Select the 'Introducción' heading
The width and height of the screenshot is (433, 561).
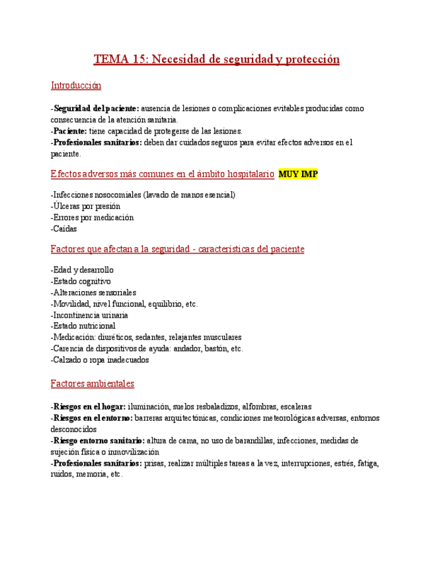tap(76, 85)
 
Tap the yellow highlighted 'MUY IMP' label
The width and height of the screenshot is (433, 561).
tap(298, 174)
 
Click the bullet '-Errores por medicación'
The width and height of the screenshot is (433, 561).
tap(91, 218)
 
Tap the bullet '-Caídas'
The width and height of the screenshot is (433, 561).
tap(63, 229)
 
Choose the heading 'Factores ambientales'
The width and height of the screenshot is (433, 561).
tap(93, 383)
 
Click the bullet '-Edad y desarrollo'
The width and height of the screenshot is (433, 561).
tap(82, 270)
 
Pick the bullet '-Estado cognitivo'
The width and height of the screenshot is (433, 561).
tap(81, 281)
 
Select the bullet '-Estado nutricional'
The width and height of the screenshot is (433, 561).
tap(83, 326)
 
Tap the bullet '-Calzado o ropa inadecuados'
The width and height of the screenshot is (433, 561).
tap(99, 361)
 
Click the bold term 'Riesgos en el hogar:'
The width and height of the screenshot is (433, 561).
tap(88, 407)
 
